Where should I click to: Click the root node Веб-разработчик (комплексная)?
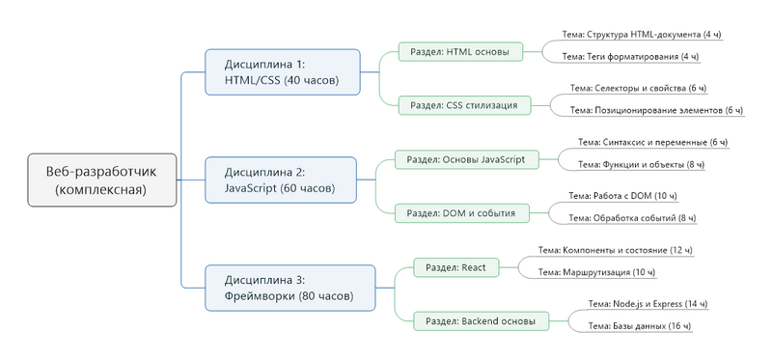[101, 180]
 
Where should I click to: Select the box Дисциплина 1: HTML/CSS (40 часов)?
[282, 72]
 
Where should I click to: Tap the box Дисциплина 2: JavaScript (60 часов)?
[282, 180]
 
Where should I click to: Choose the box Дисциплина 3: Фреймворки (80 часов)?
[282, 287]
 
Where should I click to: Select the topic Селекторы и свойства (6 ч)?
[638, 88]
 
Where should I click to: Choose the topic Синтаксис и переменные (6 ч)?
[652, 142]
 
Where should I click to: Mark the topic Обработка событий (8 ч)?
[632, 218]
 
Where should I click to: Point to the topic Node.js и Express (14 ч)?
[648, 304]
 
